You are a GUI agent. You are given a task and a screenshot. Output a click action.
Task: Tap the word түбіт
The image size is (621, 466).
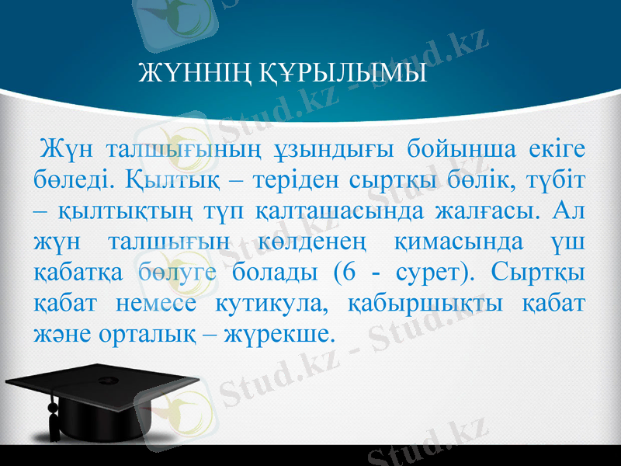[x=557, y=180]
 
